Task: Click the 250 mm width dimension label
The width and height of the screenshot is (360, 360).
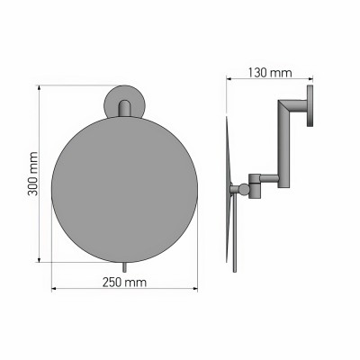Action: (x=124, y=282)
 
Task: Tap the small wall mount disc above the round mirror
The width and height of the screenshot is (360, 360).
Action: (x=124, y=101)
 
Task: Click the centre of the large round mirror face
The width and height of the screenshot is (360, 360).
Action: (x=124, y=186)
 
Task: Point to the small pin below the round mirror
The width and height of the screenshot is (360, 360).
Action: (x=124, y=267)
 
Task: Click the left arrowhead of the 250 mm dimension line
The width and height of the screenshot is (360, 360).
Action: (x=51, y=290)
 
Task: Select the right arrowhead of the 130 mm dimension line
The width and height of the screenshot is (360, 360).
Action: (x=314, y=76)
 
